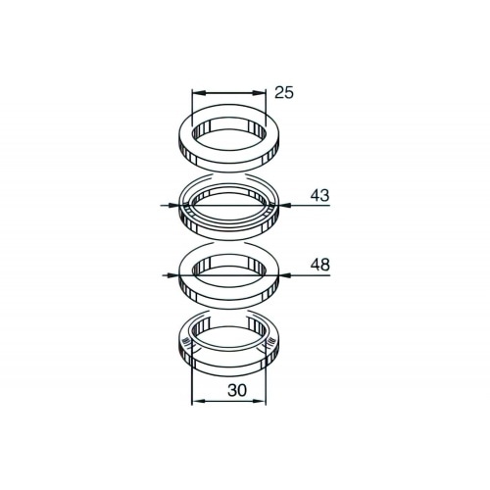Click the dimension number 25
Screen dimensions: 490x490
pos(284,93)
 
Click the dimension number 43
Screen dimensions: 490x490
pos(318,196)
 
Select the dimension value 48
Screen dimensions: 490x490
pos(318,266)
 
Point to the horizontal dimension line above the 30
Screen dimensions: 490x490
pos(228,401)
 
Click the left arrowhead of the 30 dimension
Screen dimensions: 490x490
pos(192,401)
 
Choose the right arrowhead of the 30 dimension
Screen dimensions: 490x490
pos(265,401)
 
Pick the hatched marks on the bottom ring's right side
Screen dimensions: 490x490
pos(269,344)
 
